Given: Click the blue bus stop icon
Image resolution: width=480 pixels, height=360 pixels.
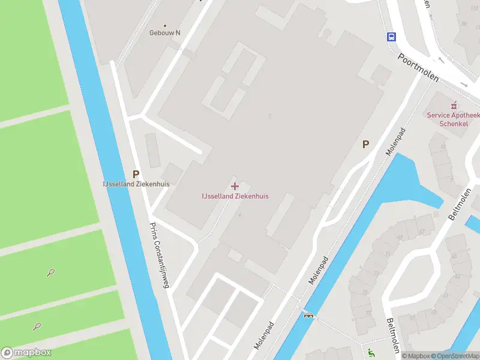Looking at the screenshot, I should click(x=391, y=36).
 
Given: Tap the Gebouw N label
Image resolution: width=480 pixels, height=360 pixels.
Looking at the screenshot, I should click(x=165, y=33).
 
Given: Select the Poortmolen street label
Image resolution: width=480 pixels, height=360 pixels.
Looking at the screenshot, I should click(x=418, y=66).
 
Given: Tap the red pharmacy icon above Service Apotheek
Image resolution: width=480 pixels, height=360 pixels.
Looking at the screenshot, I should click(x=454, y=104).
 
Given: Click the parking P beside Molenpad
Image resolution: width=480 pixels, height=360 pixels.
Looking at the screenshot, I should click(x=365, y=144).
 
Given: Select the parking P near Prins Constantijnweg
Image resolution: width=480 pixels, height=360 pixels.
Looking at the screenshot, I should click(x=136, y=174).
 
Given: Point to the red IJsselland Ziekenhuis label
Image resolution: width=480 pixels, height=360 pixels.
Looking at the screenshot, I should click(x=235, y=196).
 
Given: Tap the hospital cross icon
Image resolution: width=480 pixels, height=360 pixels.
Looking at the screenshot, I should click(x=235, y=186).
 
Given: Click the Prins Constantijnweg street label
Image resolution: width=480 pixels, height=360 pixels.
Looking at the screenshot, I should click(x=159, y=255).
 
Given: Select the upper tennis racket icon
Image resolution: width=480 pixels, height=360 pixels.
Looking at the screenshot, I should click(x=51, y=272).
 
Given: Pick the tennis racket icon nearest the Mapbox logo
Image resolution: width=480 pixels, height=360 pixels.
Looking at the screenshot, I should click(x=37, y=326).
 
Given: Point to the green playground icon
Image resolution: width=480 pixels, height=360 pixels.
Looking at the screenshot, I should click(x=371, y=352).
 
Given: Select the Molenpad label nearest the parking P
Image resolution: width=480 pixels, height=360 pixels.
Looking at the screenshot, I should click(x=397, y=142).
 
